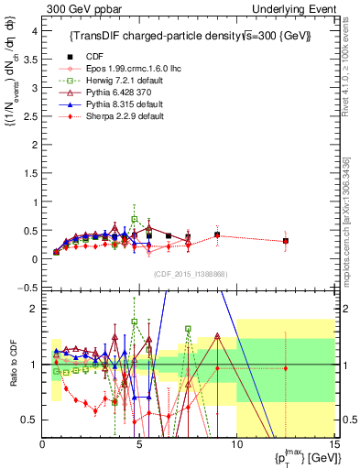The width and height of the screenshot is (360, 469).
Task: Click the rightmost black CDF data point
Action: click(286, 241)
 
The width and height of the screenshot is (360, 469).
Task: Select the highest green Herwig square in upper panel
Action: click(135, 219)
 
